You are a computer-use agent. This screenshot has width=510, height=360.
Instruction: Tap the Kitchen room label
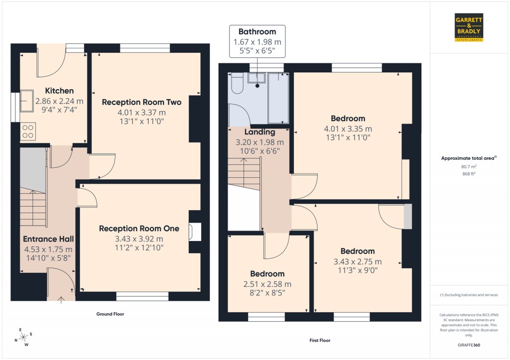[x=59, y=91]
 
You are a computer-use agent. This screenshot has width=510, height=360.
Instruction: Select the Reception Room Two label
[x=141, y=102]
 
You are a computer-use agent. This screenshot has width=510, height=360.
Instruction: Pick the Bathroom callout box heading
[x=257, y=31]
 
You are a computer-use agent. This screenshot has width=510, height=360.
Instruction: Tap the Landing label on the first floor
[x=260, y=132]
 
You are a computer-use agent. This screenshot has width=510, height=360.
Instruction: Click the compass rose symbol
[x=23, y=338]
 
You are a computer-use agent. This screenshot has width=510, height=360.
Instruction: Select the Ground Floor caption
[x=110, y=314]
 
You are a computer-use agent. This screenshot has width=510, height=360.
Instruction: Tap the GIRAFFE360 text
[x=470, y=345]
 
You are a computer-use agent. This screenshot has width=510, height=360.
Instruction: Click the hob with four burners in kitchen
[x=27, y=131]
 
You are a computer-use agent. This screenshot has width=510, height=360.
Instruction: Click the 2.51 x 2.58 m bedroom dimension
[x=267, y=284]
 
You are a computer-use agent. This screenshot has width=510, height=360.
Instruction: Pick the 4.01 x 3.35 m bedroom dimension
[x=348, y=128]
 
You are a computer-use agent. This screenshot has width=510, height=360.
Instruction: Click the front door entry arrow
[x=61, y=299]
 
